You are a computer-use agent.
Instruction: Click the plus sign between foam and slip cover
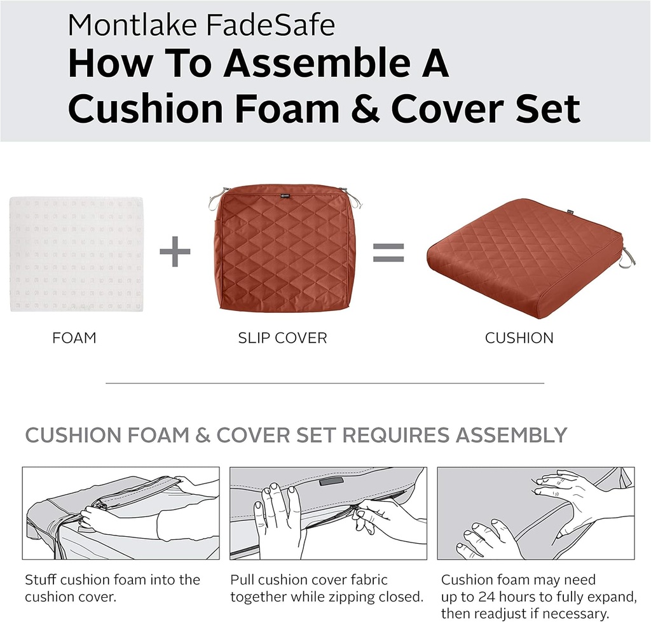tap(175, 251)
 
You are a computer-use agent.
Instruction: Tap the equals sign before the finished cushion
tap(388, 253)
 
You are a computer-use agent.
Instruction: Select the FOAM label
tap(74, 338)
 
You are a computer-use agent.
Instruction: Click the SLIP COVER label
tap(282, 338)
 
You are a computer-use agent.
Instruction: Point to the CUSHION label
tap(519, 338)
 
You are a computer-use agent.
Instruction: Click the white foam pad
tap(77, 254)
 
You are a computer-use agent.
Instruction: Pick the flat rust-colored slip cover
tap(284, 248)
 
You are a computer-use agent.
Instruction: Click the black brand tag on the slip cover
tap(285, 196)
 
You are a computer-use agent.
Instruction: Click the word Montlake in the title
tap(132, 25)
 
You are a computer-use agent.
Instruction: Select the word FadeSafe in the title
tap(270, 25)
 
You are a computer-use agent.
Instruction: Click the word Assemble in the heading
tap(317, 63)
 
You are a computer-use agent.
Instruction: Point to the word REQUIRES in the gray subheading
tap(395, 435)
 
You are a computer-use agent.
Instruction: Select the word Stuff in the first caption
tap(41, 579)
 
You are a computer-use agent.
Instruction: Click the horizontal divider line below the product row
tap(325, 383)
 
